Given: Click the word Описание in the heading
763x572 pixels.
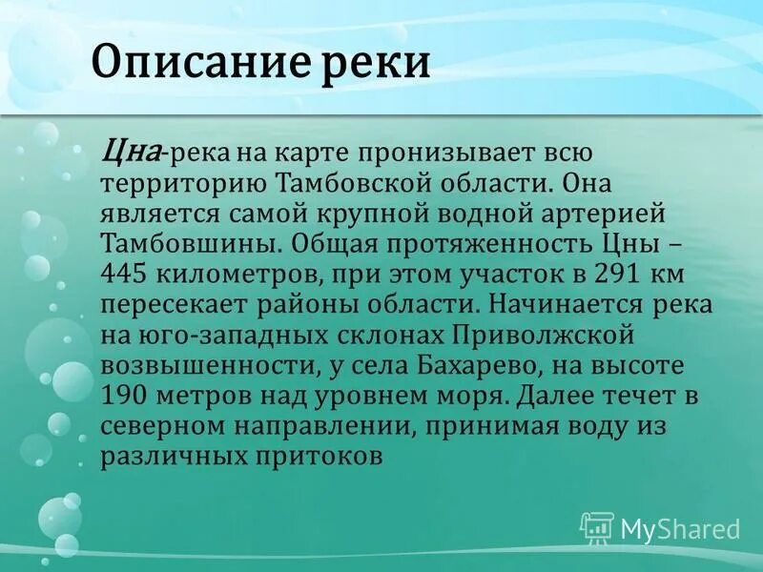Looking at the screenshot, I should pyautogui.click(x=196, y=64).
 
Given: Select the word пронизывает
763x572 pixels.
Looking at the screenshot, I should pyautogui.click(x=434, y=152).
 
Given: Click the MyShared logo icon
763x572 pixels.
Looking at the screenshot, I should pyautogui.click(x=596, y=528).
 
